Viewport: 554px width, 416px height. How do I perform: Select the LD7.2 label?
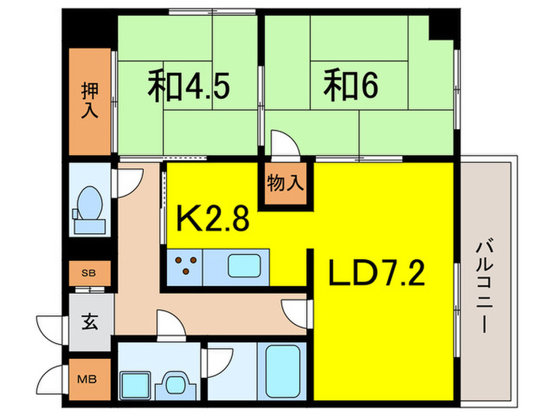pos(378,275)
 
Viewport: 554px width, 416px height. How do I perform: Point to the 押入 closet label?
pos(89,101)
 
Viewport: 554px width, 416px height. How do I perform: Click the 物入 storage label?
pos(286,185)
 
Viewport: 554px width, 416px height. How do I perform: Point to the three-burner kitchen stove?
pos(187,266)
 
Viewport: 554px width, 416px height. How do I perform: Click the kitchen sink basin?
pos(244,265)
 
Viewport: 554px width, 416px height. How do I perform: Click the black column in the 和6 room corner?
pos(441,27)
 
